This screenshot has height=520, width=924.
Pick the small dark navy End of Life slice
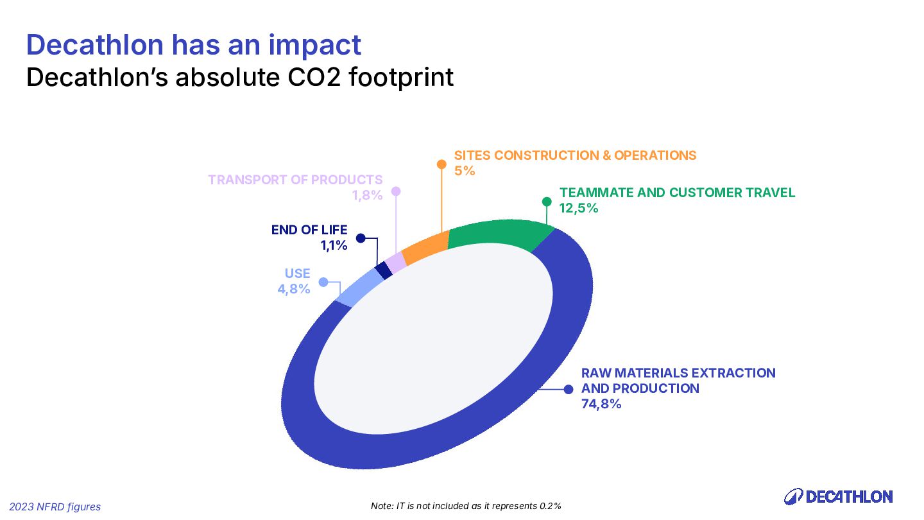tap(384, 270)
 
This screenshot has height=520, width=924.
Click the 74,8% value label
tap(601, 404)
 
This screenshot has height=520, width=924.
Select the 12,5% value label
tap(579, 208)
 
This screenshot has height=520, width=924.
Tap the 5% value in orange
tap(465, 171)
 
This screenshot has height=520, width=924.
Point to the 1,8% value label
tap(367, 195)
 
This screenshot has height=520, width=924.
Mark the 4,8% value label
tap(294, 289)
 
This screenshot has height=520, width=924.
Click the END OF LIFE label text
tap(309, 230)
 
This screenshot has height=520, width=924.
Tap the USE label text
tap(298, 273)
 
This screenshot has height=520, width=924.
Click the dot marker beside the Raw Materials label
tap(568, 389)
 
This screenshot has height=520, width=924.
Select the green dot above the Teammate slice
tap(547, 202)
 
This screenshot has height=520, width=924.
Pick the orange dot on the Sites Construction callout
tap(441, 164)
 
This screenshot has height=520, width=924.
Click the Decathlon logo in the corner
tap(838, 496)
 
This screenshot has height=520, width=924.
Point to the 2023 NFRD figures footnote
tap(55, 507)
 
